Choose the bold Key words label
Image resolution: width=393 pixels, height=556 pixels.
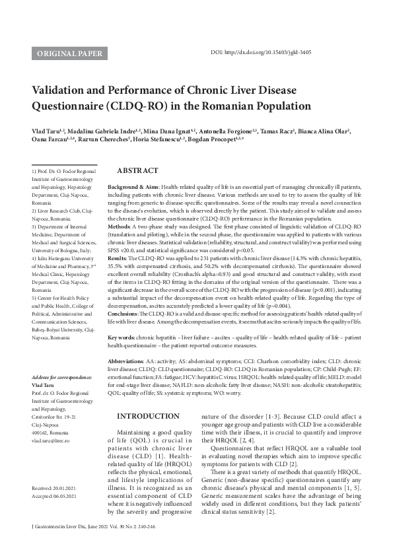(x=124, y=337)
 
